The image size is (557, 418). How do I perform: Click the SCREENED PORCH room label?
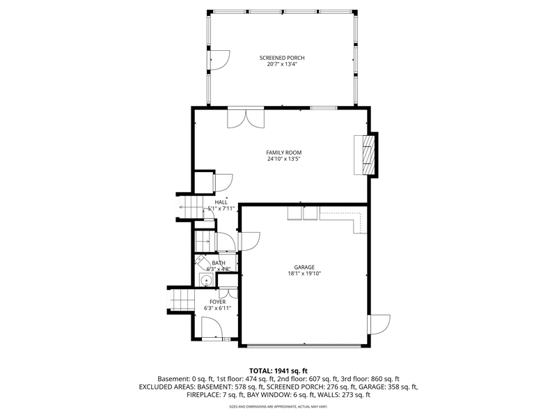point(282,58)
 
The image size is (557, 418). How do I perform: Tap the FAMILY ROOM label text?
point(284,153)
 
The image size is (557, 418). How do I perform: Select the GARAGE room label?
point(304,268)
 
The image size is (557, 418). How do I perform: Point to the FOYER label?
point(217,302)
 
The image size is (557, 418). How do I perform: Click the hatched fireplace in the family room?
point(368,155)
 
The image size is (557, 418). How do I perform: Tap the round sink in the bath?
point(205,280)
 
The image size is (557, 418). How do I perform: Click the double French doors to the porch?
point(246,117)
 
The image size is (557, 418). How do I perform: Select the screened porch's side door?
point(219,61)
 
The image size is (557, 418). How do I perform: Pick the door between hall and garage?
point(249,241)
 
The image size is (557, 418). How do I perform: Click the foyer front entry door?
point(212,327)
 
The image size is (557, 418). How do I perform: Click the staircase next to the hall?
point(190,207)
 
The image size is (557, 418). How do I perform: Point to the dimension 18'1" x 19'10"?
point(304,274)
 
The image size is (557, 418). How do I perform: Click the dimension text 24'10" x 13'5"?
point(284,159)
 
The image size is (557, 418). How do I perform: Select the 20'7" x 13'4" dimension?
point(282,64)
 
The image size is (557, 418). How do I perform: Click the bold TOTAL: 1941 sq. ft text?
point(278,371)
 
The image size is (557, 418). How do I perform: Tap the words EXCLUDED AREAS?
point(162,387)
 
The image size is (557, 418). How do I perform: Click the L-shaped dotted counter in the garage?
point(343,220)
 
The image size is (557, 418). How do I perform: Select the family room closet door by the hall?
point(223,183)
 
